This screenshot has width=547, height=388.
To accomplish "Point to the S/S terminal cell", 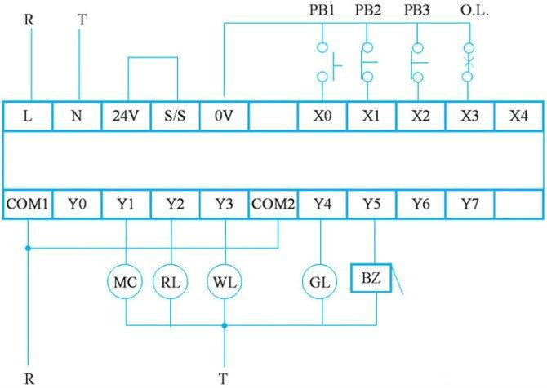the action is pos(176,116).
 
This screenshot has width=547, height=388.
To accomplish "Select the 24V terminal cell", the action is pos(126,116).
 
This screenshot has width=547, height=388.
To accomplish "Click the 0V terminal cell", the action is pos(225,116).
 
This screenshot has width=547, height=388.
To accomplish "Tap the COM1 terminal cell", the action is pos(28,205).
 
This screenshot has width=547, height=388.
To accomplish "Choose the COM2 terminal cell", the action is pos(273,205).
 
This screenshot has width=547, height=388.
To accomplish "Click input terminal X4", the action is pos(519,116).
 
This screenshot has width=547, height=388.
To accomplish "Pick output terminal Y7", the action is pos(470,205).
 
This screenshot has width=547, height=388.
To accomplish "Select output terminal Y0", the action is pos(77,205).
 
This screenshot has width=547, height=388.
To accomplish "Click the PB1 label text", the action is pos(322,10).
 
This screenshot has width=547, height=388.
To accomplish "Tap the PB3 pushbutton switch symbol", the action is pos(418,63).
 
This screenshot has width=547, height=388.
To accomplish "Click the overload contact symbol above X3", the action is pos(468,62).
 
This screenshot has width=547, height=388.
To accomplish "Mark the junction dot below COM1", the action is pos(28,249).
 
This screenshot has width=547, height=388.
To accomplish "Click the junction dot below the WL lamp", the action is pos(225,325).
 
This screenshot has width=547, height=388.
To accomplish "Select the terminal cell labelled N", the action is pos(77,116).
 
